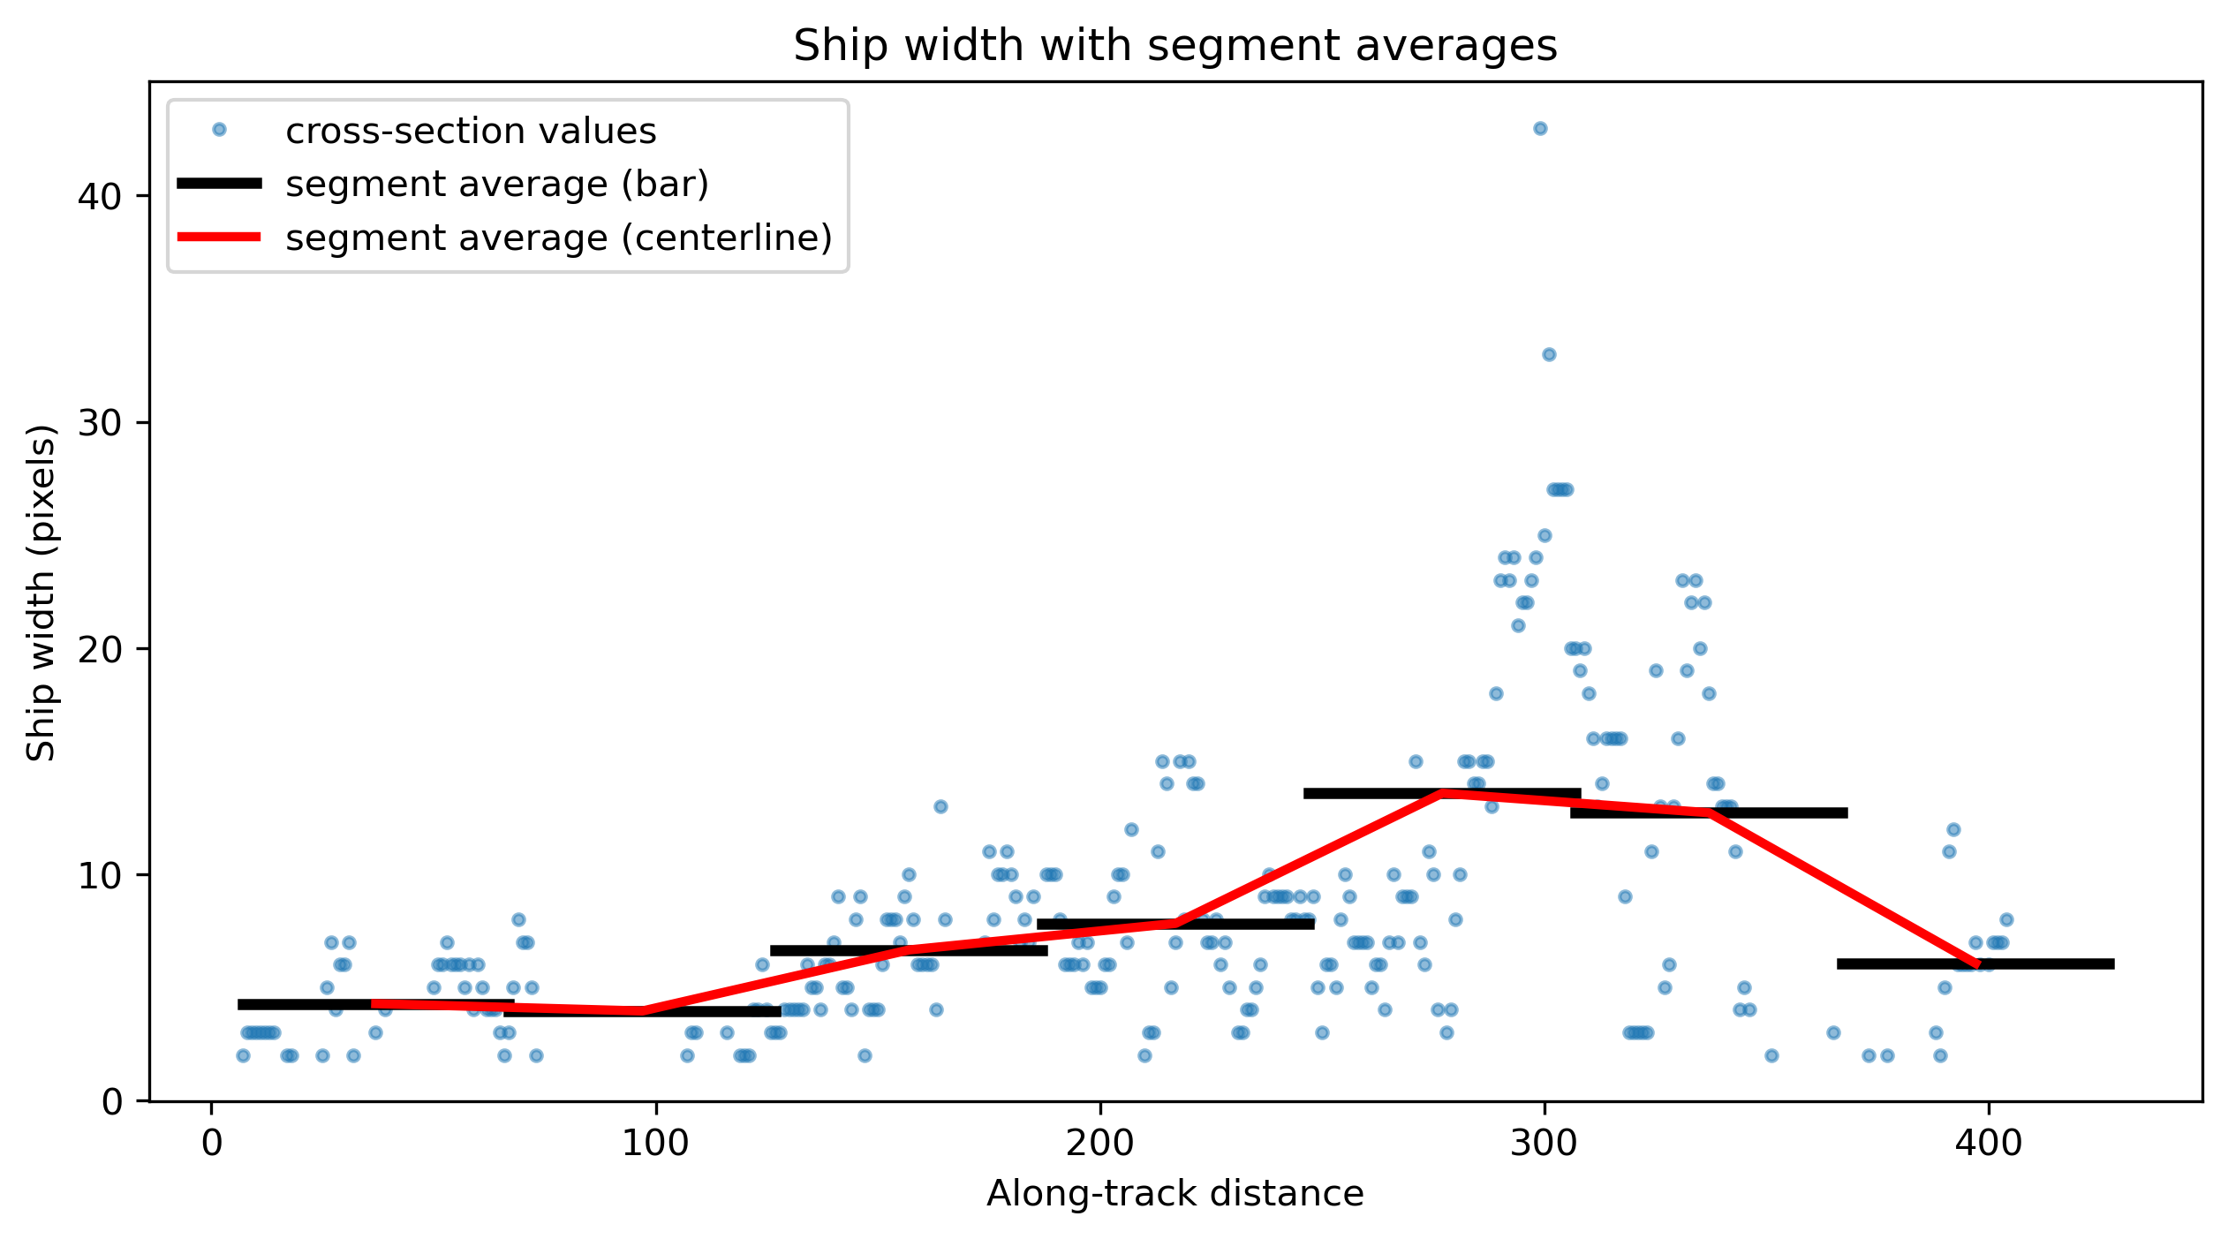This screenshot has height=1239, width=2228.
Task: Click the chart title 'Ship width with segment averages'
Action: pyautogui.click(x=1174, y=46)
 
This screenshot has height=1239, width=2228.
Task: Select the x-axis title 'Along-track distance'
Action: pyautogui.click(x=1174, y=1194)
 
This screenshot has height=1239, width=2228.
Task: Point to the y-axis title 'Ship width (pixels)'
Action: pyautogui.click(x=41, y=592)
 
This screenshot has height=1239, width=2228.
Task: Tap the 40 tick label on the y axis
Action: pyautogui.click(x=100, y=196)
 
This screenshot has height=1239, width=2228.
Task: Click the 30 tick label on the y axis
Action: pyautogui.click(x=100, y=422)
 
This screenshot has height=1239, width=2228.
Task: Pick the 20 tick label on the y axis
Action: pyautogui.click(x=100, y=649)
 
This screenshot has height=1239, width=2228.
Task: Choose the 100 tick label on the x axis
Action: pyautogui.click(x=655, y=1144)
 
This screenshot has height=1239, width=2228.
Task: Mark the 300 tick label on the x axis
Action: pyautogui.click(x=1544, y=1144)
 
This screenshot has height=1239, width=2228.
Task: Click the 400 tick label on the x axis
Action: pyautogui.click(x=1989, y=1144)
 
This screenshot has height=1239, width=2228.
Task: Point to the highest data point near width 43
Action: pyautogui.click(x=1540, y=129)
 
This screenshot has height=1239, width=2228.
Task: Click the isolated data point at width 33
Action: pyautogui.click(x=1549, y=355)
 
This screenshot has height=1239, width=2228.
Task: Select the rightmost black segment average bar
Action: pyautogui.click(x=1975, y=964)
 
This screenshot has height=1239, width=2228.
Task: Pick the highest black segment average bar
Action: pyautogui.click(x=1442, y=794)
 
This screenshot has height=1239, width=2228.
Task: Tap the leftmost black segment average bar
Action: pyautogui.click(x=376, y=1004)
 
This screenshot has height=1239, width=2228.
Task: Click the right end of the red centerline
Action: pyautogui.click(x=1976, y=964)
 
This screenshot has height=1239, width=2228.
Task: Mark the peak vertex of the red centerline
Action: pyautogui.click(x=1442, y=794)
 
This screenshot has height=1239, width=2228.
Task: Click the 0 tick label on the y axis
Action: pyautogui.click(x=112, y=1101)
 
